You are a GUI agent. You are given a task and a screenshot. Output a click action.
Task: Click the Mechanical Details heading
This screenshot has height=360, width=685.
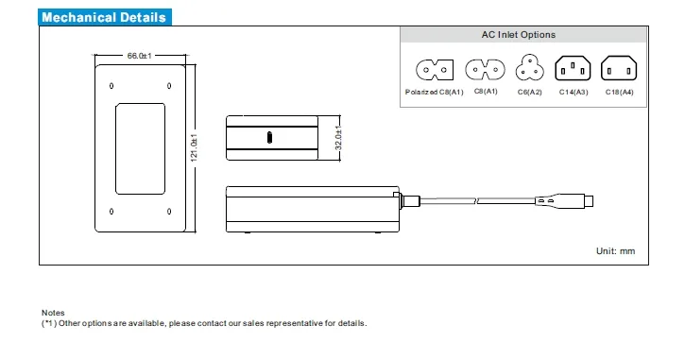click(104, 17)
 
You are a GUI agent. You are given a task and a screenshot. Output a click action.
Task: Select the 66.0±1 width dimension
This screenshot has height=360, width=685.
click(140, 56)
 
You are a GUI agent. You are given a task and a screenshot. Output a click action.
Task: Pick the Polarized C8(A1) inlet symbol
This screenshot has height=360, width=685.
click(435, 69)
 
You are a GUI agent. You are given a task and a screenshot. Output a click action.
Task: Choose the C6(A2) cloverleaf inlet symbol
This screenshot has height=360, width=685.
click(529, 69)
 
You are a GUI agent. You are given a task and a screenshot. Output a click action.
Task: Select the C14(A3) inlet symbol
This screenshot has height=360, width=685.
click(573, 69)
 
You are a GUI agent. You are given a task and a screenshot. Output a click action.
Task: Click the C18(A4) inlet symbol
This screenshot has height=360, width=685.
click(619, 69)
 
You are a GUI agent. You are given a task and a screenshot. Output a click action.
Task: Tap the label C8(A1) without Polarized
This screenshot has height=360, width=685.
click(485, 92)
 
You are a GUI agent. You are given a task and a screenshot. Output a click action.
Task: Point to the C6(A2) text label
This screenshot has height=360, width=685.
click(529, 92)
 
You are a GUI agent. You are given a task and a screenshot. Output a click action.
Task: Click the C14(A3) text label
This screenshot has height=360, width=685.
click(574, 92)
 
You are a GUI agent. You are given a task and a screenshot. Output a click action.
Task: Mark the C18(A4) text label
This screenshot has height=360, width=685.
click(620, 92)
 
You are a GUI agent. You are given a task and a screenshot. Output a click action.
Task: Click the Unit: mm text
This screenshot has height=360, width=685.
click(615, 250)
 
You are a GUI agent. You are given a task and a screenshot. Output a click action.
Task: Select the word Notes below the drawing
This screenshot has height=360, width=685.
click(53, 313)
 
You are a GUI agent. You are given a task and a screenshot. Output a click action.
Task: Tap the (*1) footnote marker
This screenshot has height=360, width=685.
click(50, 323)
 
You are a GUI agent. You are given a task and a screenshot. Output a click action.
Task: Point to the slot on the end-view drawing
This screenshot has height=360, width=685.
click(272, 138)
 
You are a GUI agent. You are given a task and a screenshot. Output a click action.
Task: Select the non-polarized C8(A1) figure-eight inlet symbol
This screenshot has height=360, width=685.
click(485, 69)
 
